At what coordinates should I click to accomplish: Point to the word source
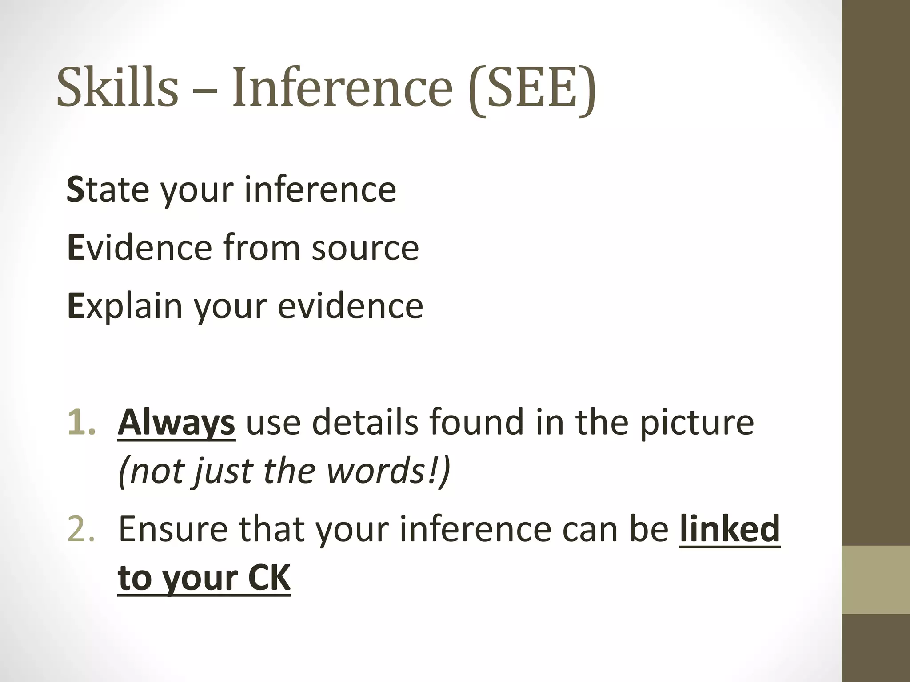coord(365,247)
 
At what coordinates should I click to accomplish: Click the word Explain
coord(125,306)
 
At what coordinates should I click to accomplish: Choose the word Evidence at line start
coord(139,247)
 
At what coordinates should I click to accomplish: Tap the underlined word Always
coord(176,422)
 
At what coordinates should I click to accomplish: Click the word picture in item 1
coord(696,422)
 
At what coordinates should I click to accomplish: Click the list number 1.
coord(81,422)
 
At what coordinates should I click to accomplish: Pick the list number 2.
coord(81,529)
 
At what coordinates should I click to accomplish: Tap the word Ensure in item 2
coord(173,529)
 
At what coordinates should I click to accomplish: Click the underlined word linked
coord(730,529)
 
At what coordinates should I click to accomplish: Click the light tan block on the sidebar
coord(876,579)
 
